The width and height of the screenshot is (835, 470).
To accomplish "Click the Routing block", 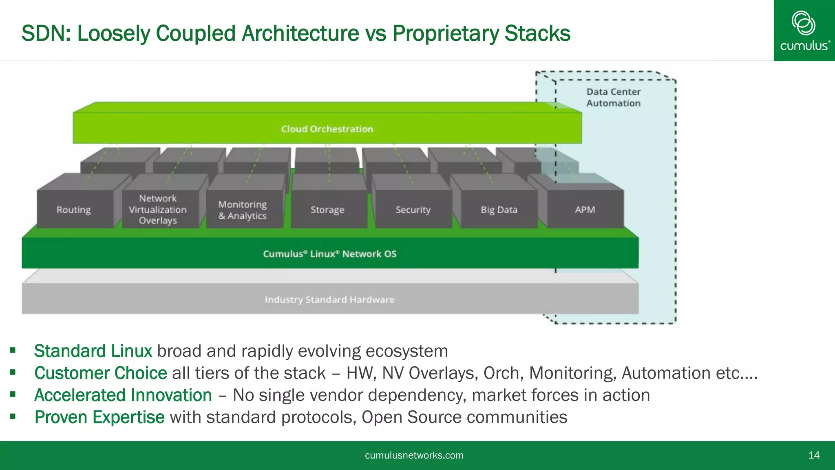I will click(74, 209).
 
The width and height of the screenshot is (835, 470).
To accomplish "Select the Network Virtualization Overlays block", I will click(158, 209).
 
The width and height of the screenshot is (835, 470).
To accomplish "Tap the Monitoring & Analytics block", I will click(243, 210).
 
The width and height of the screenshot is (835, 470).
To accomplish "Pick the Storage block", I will click(327, 210).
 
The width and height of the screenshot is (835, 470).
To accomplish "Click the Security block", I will click(413, 210).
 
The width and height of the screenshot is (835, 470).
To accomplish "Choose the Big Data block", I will click(499, 210).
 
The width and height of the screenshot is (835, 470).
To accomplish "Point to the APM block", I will click(585, 210).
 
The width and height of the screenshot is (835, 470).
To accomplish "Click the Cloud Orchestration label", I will click(327, 129).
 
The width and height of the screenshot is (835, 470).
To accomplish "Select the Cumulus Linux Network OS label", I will click(329, 254).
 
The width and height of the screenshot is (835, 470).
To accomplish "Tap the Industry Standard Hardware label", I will click(329, 299).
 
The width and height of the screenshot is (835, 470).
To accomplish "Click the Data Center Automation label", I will click(613, 98).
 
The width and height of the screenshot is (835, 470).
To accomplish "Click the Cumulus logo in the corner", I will click(804, 31).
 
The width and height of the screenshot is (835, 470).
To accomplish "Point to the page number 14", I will click(814, 455).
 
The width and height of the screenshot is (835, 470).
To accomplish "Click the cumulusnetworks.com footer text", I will click(414, 455).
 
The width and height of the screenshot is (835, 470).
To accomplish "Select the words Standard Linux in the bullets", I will click(93, 351).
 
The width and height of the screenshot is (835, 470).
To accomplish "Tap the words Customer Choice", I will click(100, 373).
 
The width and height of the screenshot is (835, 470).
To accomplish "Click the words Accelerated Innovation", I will click(123, 395).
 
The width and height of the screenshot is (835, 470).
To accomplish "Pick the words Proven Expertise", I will click(99, 417).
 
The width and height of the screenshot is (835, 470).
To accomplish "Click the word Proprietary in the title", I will click(445, 33).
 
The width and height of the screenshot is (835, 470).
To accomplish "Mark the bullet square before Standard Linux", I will click(13, 350).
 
